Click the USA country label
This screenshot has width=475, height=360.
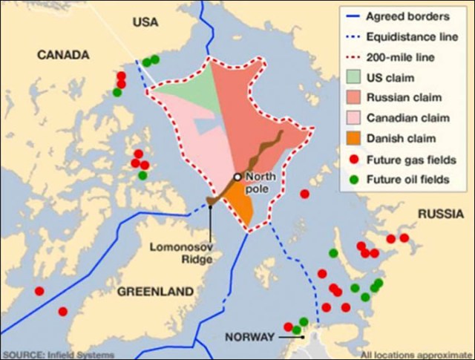(145, 23)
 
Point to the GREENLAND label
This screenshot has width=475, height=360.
(155, 292)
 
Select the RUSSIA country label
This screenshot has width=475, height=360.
(441, 215)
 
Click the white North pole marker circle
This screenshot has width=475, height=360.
(237, 177)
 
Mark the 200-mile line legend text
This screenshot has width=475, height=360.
(406, 56)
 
